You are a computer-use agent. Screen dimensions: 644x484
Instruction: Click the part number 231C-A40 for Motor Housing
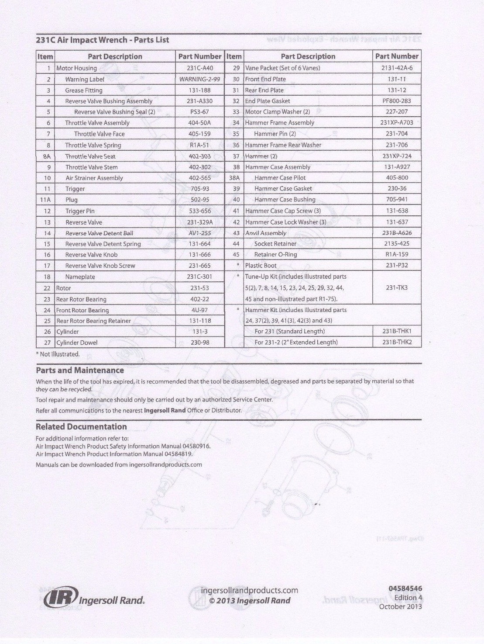(200, 68)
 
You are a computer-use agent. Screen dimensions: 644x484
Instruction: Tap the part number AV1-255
(200, 233)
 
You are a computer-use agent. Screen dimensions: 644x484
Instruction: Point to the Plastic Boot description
(261, 265)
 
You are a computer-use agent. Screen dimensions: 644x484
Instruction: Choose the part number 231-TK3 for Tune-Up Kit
(396, 288)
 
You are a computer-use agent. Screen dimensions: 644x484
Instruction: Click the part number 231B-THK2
(397, 342)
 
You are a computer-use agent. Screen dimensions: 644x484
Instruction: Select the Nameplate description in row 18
(80, 277)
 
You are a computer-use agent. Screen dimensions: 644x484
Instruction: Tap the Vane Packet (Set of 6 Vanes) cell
(282, 68)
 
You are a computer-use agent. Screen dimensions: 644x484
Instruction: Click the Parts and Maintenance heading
(80, 370)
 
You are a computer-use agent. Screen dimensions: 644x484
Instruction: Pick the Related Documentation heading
(81, 427)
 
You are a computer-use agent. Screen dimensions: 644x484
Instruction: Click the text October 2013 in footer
(400, 606)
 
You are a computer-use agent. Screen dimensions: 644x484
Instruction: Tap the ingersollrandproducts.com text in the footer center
(249, 591)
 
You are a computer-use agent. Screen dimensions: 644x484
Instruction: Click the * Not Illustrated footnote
(58, 354)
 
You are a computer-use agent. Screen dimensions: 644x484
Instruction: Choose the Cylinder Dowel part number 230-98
(200, 343)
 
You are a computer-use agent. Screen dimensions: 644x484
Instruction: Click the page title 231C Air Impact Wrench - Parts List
(102, 40)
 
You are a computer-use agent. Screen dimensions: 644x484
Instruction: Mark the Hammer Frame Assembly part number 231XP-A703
(396, 123)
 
